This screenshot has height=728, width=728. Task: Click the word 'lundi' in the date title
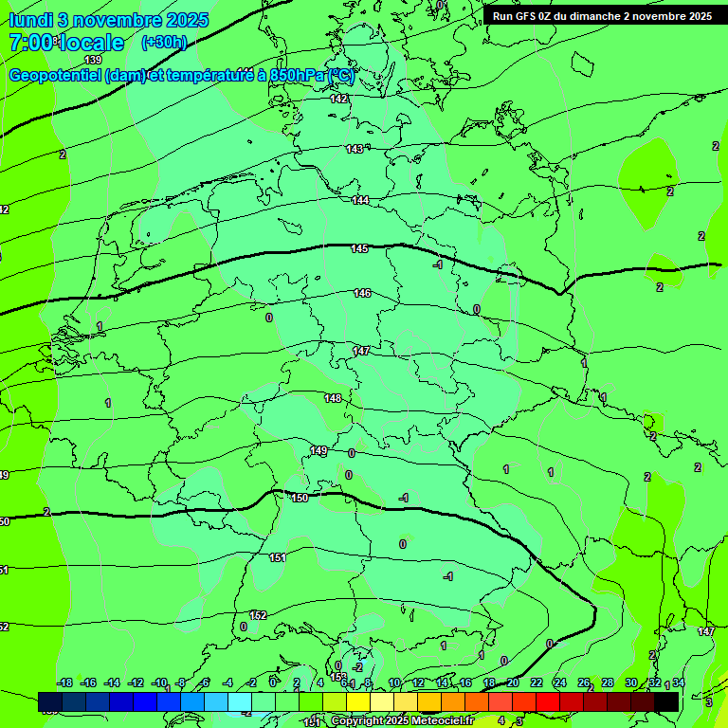tap(29, 20)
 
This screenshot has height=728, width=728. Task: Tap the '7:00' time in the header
tap(30, 43)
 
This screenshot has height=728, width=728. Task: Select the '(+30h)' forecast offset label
tap(163, 43)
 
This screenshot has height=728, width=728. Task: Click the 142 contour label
tap(339, 99)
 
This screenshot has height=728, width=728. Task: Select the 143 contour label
tap(355, 149)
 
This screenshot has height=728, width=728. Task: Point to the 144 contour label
tap(360, 200)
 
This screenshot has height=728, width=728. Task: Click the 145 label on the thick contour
tap(359, 248)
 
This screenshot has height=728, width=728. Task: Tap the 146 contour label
tap(362, 293)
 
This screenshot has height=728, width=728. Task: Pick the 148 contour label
tap(332, 398)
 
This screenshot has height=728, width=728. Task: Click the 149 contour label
tap(318, 450)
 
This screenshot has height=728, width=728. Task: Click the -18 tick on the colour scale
tap(64, 682)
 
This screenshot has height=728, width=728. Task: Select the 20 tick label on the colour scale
tap(512, 682)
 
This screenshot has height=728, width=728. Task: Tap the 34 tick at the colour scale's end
tap(679, 682)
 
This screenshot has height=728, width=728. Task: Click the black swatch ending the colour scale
tap(666, 701)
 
